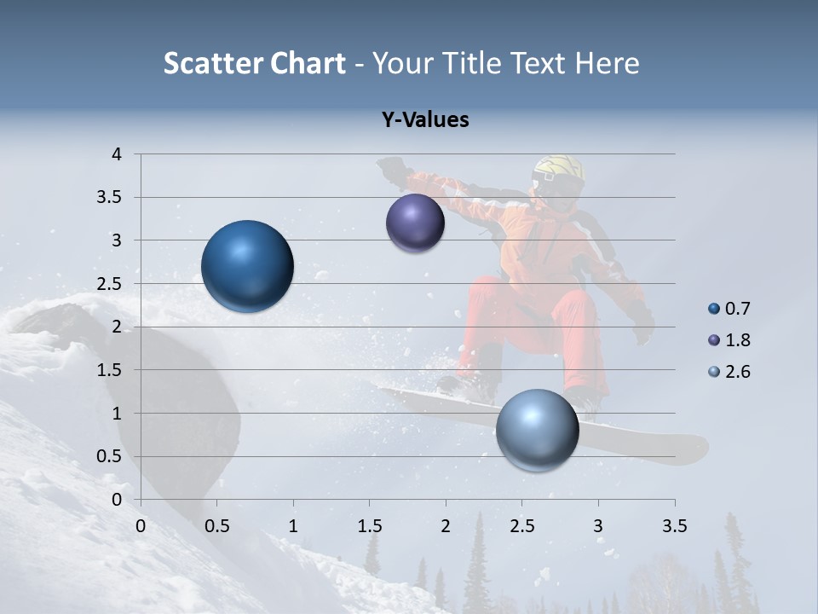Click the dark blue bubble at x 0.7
coord(247,266)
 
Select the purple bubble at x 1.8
coord(415,223)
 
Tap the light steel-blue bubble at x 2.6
coord(537,430)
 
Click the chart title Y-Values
coord(424,120)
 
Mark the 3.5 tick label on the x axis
coord(674,526)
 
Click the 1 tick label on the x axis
coord(293,526)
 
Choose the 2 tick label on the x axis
coord(446,526)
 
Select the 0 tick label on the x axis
coord(141,526)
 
